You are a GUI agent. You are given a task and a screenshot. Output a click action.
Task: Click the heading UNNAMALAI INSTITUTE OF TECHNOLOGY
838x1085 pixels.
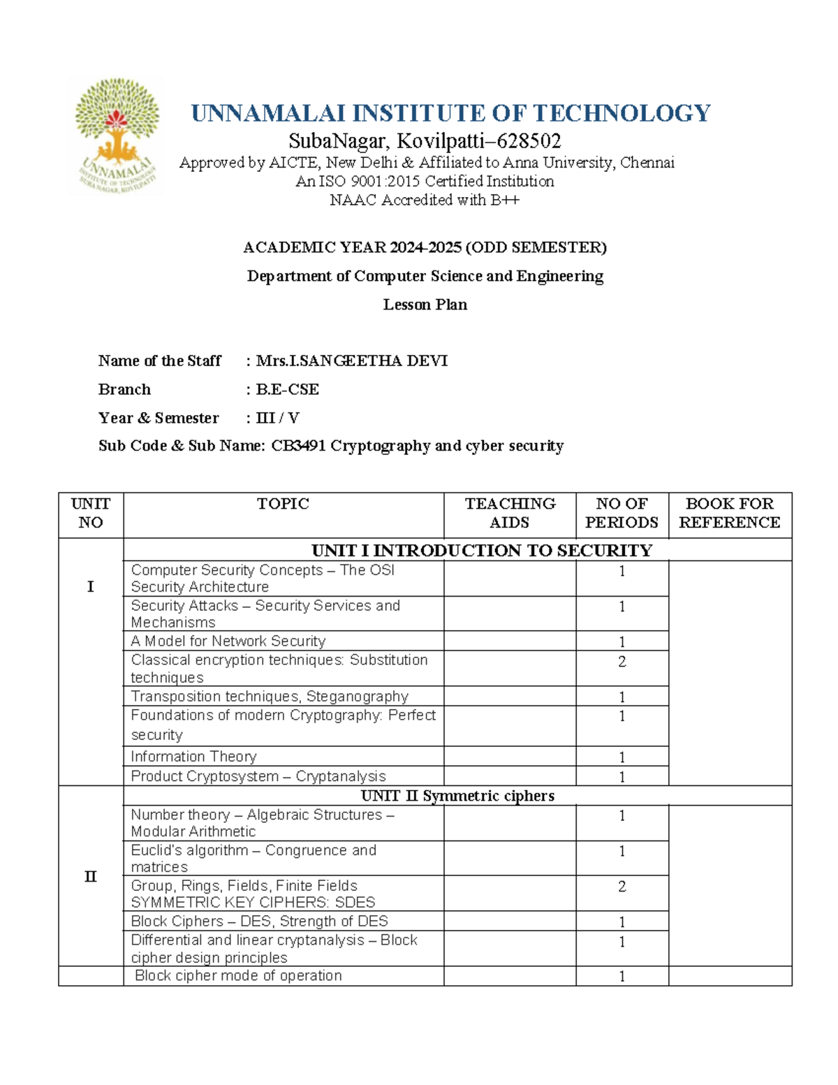click(x=450, y=113)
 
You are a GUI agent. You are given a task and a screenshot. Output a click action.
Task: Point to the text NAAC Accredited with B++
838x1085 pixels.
click(x=425, y=200)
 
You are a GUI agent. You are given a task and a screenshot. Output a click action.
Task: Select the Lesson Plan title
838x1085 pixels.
click(x=425, y=305)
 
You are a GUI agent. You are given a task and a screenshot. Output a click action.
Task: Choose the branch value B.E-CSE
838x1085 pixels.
click(x=287, y=390)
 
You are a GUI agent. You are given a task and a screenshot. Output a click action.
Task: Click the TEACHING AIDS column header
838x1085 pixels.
click(x=510, y=513)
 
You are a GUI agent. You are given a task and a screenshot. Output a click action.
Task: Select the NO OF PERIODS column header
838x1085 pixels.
click(x=622, y=513)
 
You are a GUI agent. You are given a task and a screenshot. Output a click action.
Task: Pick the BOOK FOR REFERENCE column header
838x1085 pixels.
click(x=730, y=513)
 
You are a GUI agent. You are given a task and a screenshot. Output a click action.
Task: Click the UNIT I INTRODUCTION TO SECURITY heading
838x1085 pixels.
click(x=481, y=551)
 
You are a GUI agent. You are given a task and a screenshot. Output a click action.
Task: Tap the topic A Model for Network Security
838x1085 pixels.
click(x=228, y=641)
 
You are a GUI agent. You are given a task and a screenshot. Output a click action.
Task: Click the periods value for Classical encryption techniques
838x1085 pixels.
click(x=622, y=662)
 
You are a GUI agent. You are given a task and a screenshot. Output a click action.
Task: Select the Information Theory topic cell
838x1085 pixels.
click(x=193, y=757)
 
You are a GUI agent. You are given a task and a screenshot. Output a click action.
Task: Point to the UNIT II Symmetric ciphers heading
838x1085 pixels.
click(x=457, y=796)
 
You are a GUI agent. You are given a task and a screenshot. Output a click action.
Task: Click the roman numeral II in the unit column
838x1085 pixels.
click(x=91, y=877)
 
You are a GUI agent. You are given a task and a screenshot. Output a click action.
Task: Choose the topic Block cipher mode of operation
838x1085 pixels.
click(x=238, y=976)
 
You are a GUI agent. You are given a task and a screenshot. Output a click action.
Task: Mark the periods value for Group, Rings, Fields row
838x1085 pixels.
click(x=622, y=887)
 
